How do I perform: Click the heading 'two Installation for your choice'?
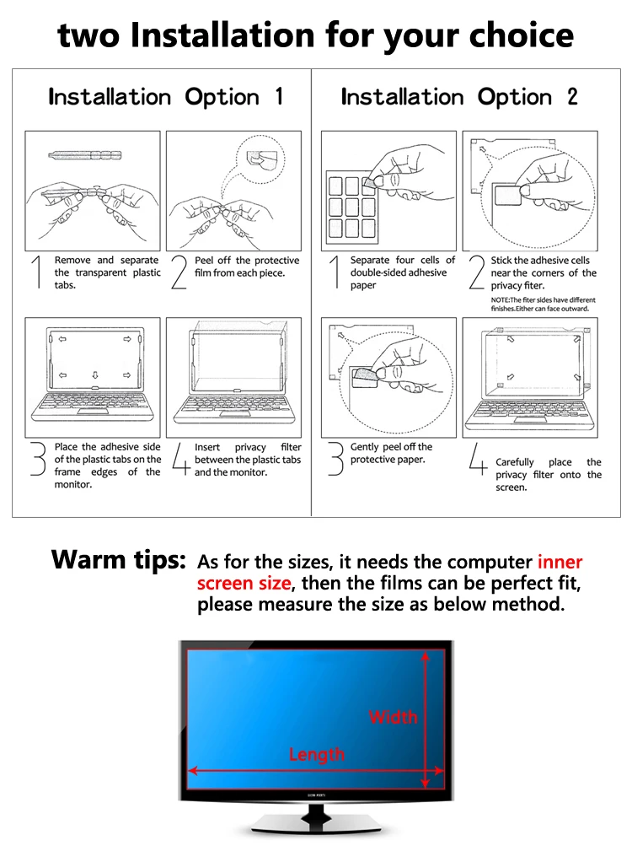coord(316,35)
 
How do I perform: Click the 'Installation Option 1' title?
coord(166,97)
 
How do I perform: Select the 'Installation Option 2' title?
coord(459,97)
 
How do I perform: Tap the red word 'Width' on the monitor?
coord(394,717)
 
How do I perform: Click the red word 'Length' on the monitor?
coord(317,754)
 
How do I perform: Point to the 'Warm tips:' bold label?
coord(119,559)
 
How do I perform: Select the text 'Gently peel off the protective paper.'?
coord(392,453)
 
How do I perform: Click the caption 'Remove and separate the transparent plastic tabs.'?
coord(107,272)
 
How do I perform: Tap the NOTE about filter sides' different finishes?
coord(544,304)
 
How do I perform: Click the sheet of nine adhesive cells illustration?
coord(356,205)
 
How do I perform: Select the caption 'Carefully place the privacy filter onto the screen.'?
coord(549,475)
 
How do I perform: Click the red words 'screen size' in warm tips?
coord(244,583)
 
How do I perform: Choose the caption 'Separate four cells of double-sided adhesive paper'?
coord(403,272)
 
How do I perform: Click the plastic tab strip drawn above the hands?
coord(85,155)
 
